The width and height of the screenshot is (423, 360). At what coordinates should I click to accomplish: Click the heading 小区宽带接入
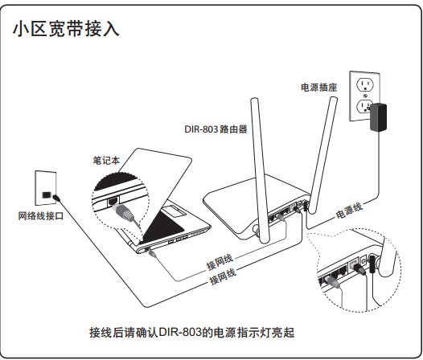point(66,29)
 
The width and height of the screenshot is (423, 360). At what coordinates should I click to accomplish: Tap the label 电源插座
point(319,88)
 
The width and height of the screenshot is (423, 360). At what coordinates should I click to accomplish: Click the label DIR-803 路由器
point(216,129)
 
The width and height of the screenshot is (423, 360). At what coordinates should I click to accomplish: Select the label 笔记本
point(106,161)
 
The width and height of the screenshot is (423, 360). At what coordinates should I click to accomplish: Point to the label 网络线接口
point(41,215)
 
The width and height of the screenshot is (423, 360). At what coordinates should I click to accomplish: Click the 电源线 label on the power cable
point(349,211)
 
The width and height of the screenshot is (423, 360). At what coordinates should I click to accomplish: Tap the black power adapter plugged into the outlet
point(378,117)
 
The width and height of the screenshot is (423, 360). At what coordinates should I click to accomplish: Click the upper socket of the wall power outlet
point(365,84)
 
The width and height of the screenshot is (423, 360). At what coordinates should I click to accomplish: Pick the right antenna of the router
point(323,155)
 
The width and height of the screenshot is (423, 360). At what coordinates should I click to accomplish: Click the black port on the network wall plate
point(46,194)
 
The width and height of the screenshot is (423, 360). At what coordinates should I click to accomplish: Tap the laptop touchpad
point(175,211)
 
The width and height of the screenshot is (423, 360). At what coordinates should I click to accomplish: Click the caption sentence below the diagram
point(192,333)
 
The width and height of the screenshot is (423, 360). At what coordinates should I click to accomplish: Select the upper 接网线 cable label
point(220,262)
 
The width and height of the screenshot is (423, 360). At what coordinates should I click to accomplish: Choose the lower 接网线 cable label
point(223,276)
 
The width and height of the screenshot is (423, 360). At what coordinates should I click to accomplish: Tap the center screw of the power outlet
point(366,96)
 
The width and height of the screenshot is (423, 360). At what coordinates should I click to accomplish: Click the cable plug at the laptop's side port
point(151,252)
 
